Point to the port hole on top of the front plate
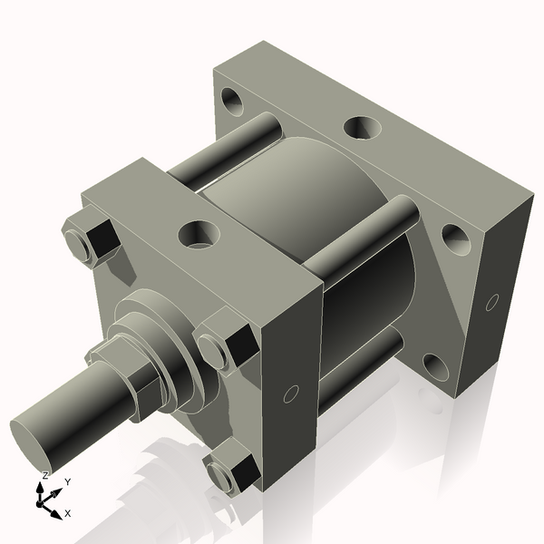197,235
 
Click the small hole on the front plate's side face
291,393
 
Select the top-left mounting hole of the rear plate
231,100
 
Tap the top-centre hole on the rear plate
360,127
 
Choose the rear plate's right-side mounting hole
455,238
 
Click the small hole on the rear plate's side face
492,301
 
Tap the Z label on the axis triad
45,475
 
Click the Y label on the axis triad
68,481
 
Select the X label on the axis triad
69,513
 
